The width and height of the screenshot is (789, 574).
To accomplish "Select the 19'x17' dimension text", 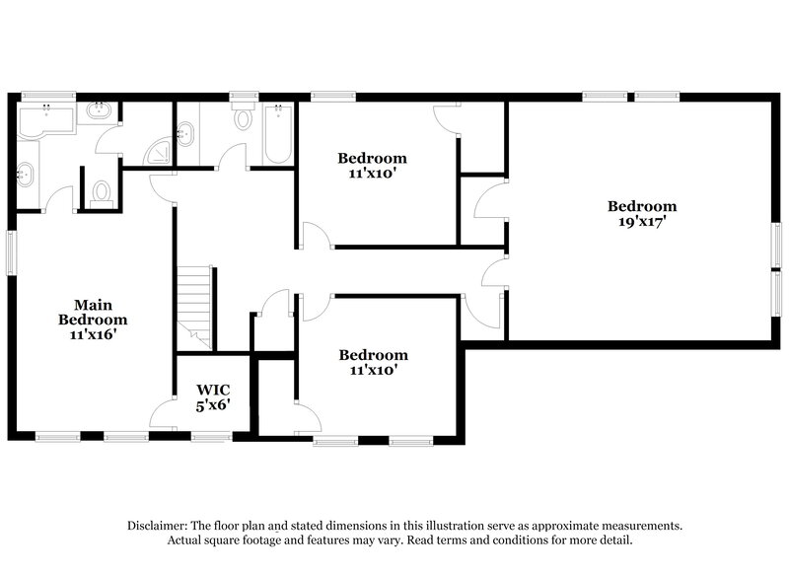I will (x=642, y=222).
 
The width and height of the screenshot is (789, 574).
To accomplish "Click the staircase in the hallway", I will (x=195, y=305).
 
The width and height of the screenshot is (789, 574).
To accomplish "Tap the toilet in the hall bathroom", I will (x=243, y=119).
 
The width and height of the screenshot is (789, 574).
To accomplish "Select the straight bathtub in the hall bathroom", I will (x=277, y=134).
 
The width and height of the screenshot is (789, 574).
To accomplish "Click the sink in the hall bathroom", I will (x=185, y=131).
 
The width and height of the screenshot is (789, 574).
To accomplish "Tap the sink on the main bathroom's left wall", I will (x=27, y=176).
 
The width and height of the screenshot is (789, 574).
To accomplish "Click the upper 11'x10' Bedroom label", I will (x=372, y=165).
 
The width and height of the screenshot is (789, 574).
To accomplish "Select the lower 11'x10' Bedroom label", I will (x=373, y=362).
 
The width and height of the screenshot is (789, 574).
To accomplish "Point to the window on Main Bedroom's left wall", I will (x=13, y=252).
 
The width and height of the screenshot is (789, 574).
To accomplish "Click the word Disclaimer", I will (x=159, y=526).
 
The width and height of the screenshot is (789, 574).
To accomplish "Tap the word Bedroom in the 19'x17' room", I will (x=642, y=206).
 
